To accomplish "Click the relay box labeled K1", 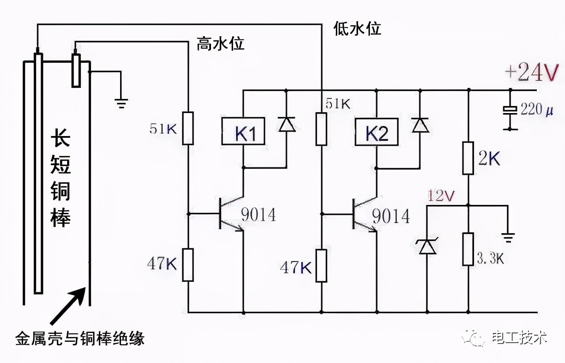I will tap(243, 131).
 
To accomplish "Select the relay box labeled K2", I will tap(377, 132).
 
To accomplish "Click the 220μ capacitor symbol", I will tap(511, 110).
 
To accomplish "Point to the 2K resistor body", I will tap(468, 158).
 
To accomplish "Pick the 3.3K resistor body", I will tap(468, 249).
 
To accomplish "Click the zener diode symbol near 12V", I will tap(427, 246).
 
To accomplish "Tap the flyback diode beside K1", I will tap(287, 125).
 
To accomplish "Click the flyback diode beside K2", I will tap(420, 125).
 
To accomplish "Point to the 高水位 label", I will tap(220, 44).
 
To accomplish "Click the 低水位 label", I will tap(357, 29).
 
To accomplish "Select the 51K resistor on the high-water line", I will tap(188, 128).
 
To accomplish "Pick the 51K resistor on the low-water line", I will tap(321, 129).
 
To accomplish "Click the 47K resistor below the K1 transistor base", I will tap(188, 265).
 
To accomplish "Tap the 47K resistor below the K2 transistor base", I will tap(321, 265).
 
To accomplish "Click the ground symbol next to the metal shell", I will tap(121, 103).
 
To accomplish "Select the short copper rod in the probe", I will tap(77, 71).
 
